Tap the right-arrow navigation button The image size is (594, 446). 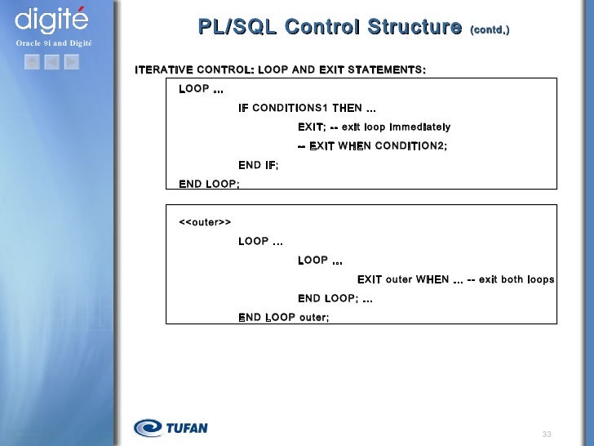coord(71,61)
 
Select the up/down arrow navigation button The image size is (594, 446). coord(32,61)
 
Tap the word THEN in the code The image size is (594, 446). coord(347,108)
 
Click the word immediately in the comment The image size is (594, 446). coord(419,127)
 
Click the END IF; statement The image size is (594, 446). coord(258,165)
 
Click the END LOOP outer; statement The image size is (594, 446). coord(283,317)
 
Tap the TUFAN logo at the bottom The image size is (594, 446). coord(171,427)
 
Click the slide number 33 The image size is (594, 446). coord(547,433)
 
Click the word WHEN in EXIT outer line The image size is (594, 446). coord(432,279)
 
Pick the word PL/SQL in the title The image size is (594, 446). coord(237,27)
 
